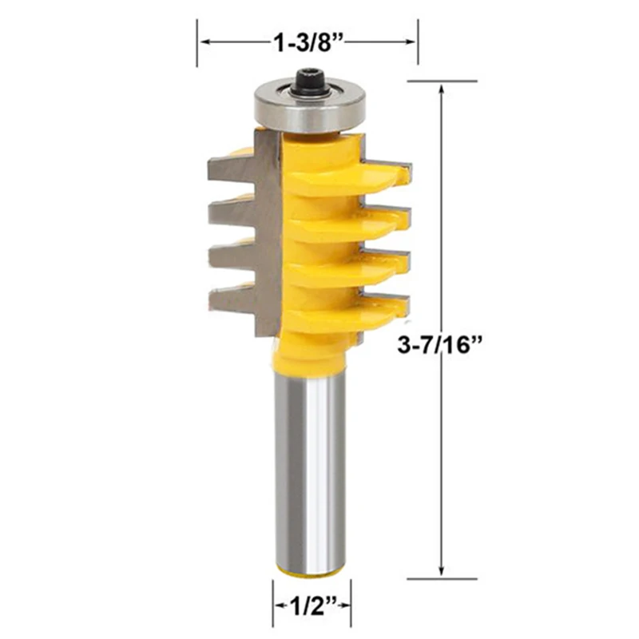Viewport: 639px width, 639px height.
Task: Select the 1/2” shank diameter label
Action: tap(312, 607)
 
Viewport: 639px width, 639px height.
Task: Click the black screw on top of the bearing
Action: tap(310, 82)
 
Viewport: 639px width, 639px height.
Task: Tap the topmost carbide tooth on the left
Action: tap(232, 169)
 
